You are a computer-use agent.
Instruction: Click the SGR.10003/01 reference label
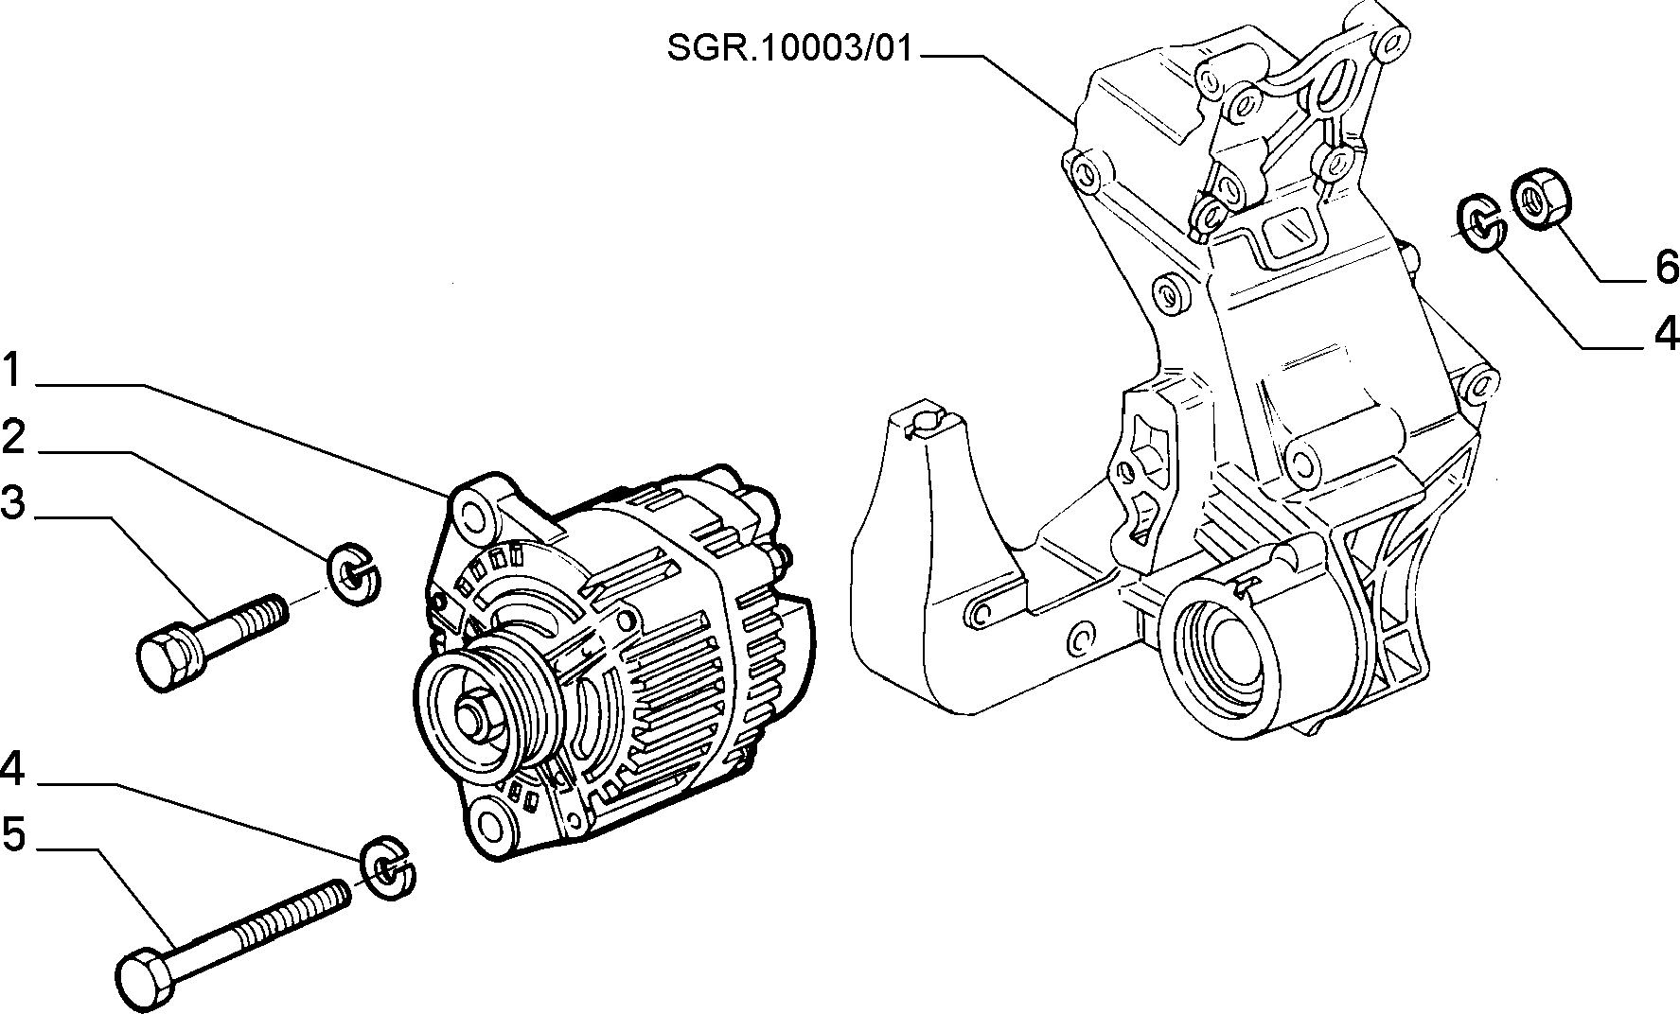click(790, 49)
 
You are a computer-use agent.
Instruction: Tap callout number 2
click(13, 437)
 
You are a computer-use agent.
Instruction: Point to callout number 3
click(13, 502)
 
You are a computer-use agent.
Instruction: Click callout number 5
click(13, 835)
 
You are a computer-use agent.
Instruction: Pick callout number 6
click(1667, 268)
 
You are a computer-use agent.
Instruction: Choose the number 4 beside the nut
click(1666, 334)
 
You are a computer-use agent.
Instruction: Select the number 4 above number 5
click(12, 769)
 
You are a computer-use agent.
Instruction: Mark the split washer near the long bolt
click(388, 868)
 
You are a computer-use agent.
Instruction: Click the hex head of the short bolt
click(168, 659)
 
